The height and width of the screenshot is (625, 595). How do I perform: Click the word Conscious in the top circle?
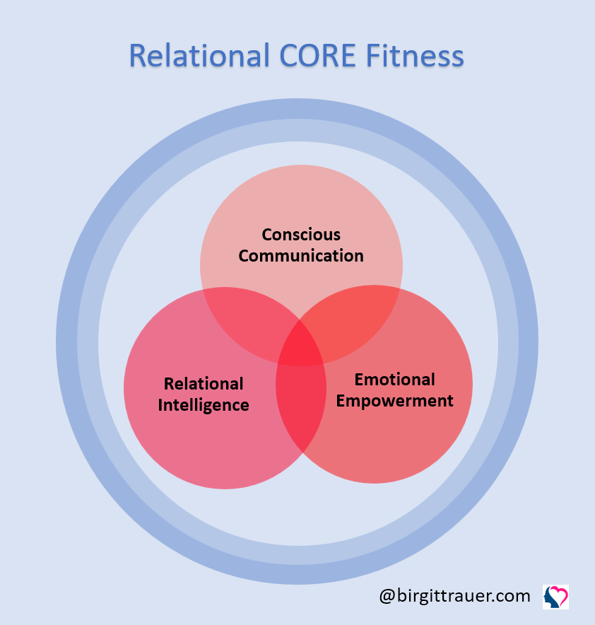tap(301, 235)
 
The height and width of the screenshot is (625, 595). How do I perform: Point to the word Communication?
tap(301, 256)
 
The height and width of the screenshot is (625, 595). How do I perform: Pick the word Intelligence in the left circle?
tap(204, 405)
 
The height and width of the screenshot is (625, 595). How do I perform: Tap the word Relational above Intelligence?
tap(204, 384)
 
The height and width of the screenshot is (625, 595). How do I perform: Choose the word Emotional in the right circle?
tap(394, 380)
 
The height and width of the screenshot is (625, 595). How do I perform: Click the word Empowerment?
tap(394, 401)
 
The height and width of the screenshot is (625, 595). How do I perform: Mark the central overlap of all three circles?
tap(301, 346)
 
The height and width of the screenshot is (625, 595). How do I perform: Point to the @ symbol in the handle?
tap(387, 596)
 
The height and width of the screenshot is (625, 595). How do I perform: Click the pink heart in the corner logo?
tap(559, 592)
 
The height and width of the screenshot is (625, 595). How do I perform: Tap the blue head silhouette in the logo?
tap(550, 600)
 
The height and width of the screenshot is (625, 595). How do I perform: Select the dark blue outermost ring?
tap(66, 343)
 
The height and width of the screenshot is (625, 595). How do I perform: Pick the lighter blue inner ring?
tap(88, 343)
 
